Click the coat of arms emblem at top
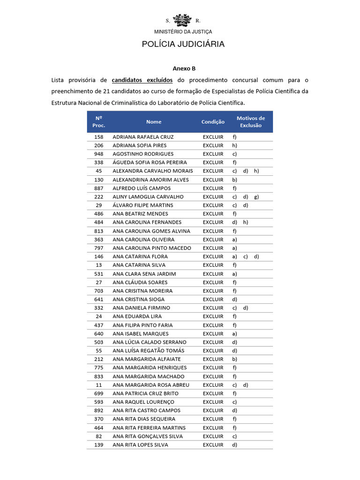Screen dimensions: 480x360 [182, 21]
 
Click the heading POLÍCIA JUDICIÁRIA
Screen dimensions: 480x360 [183, 44]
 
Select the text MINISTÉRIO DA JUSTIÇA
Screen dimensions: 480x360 [183, 32]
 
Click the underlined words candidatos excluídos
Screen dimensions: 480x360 [142, 80]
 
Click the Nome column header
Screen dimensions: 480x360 [154, 122]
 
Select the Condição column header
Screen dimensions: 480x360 [213, 122]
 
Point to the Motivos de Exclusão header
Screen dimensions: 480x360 [251, 122]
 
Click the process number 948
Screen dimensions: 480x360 [98, 154]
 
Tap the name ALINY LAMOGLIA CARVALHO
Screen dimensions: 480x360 [148, 197]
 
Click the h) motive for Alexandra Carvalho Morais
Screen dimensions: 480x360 [256, 171]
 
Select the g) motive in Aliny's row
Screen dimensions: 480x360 [256, 197]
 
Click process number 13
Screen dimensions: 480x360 [98, 265]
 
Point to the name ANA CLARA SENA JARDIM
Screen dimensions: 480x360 [144, 274]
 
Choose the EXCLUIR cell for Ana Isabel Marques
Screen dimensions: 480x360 [213, 334]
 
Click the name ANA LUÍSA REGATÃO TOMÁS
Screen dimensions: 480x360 [149, 351]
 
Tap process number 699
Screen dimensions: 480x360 [98, 393]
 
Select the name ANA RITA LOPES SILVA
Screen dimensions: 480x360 [140, 445]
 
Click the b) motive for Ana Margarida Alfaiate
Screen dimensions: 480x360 [234, 359]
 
